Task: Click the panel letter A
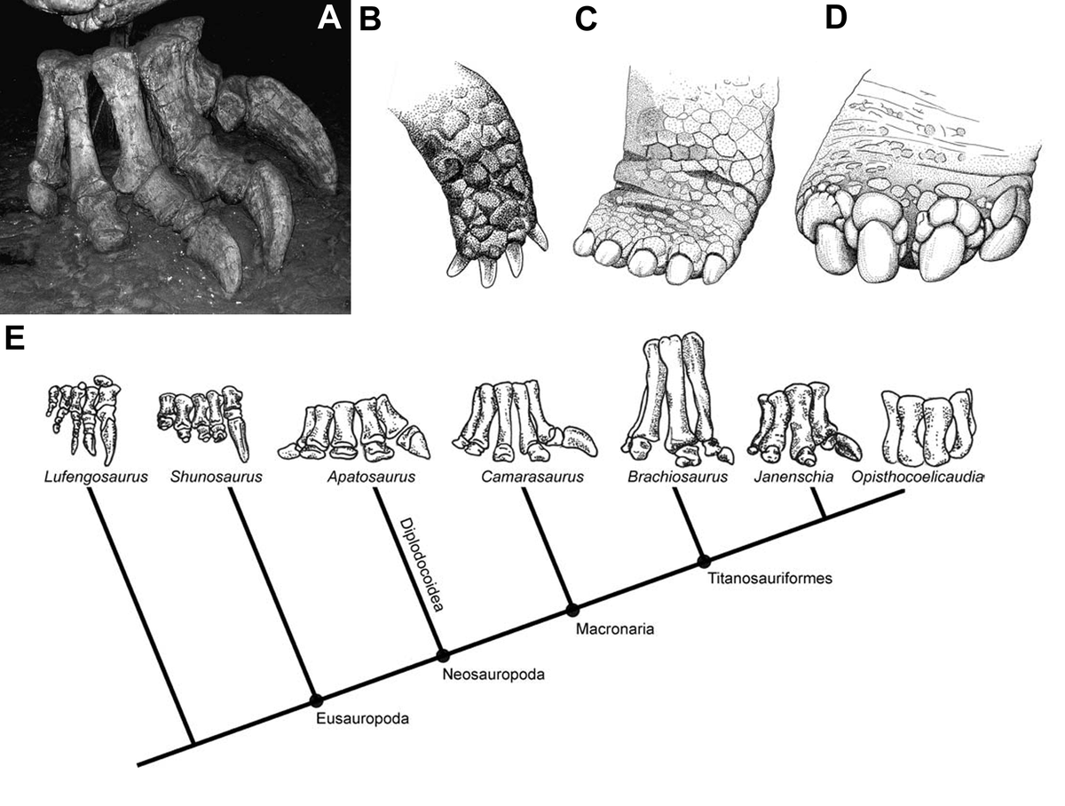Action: click(x=329, y=18)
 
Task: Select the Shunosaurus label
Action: click(x=216, y=478)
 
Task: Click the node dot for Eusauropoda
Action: click(x=315, y=699)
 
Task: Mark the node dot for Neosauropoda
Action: click(x=442, y=656)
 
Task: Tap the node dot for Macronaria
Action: click(x=572, y=610)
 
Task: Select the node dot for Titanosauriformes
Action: click(x=704, y=561)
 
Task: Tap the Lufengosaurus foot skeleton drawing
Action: click(x=85, y=417)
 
